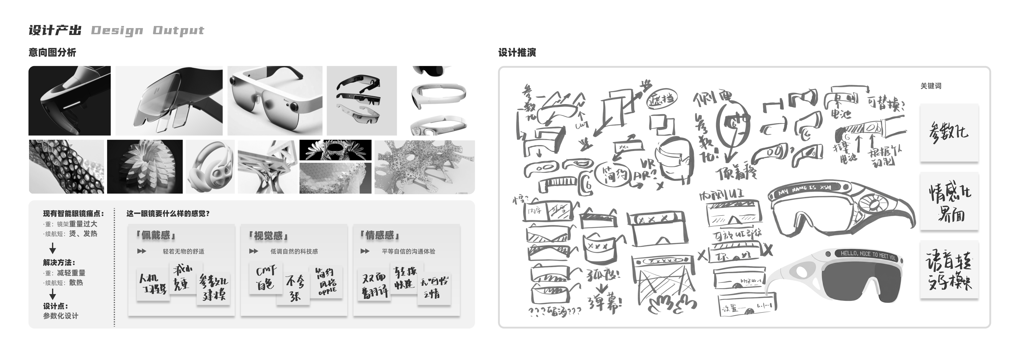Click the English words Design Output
(147, 30)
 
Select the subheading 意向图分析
(52, 53)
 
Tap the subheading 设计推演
(517, 53)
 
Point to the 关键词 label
(931, 86)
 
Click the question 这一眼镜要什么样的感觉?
(168, 214)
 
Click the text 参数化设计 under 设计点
(61, 316)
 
